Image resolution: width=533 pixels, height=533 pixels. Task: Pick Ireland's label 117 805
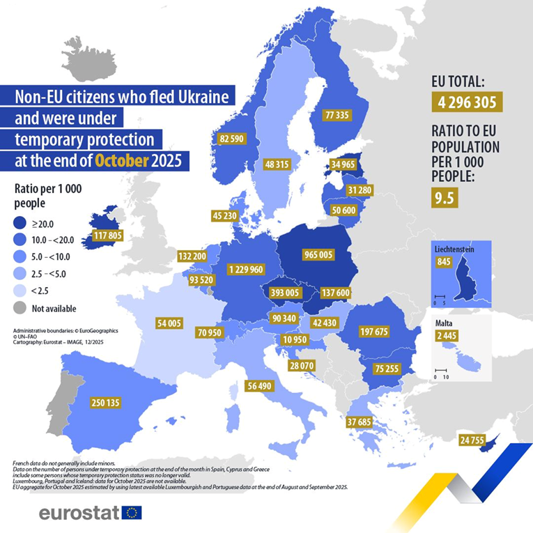[102, 235]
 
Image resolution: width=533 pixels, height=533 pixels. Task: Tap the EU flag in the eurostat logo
[131, 513]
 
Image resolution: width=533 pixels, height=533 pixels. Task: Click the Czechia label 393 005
[286, 293]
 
